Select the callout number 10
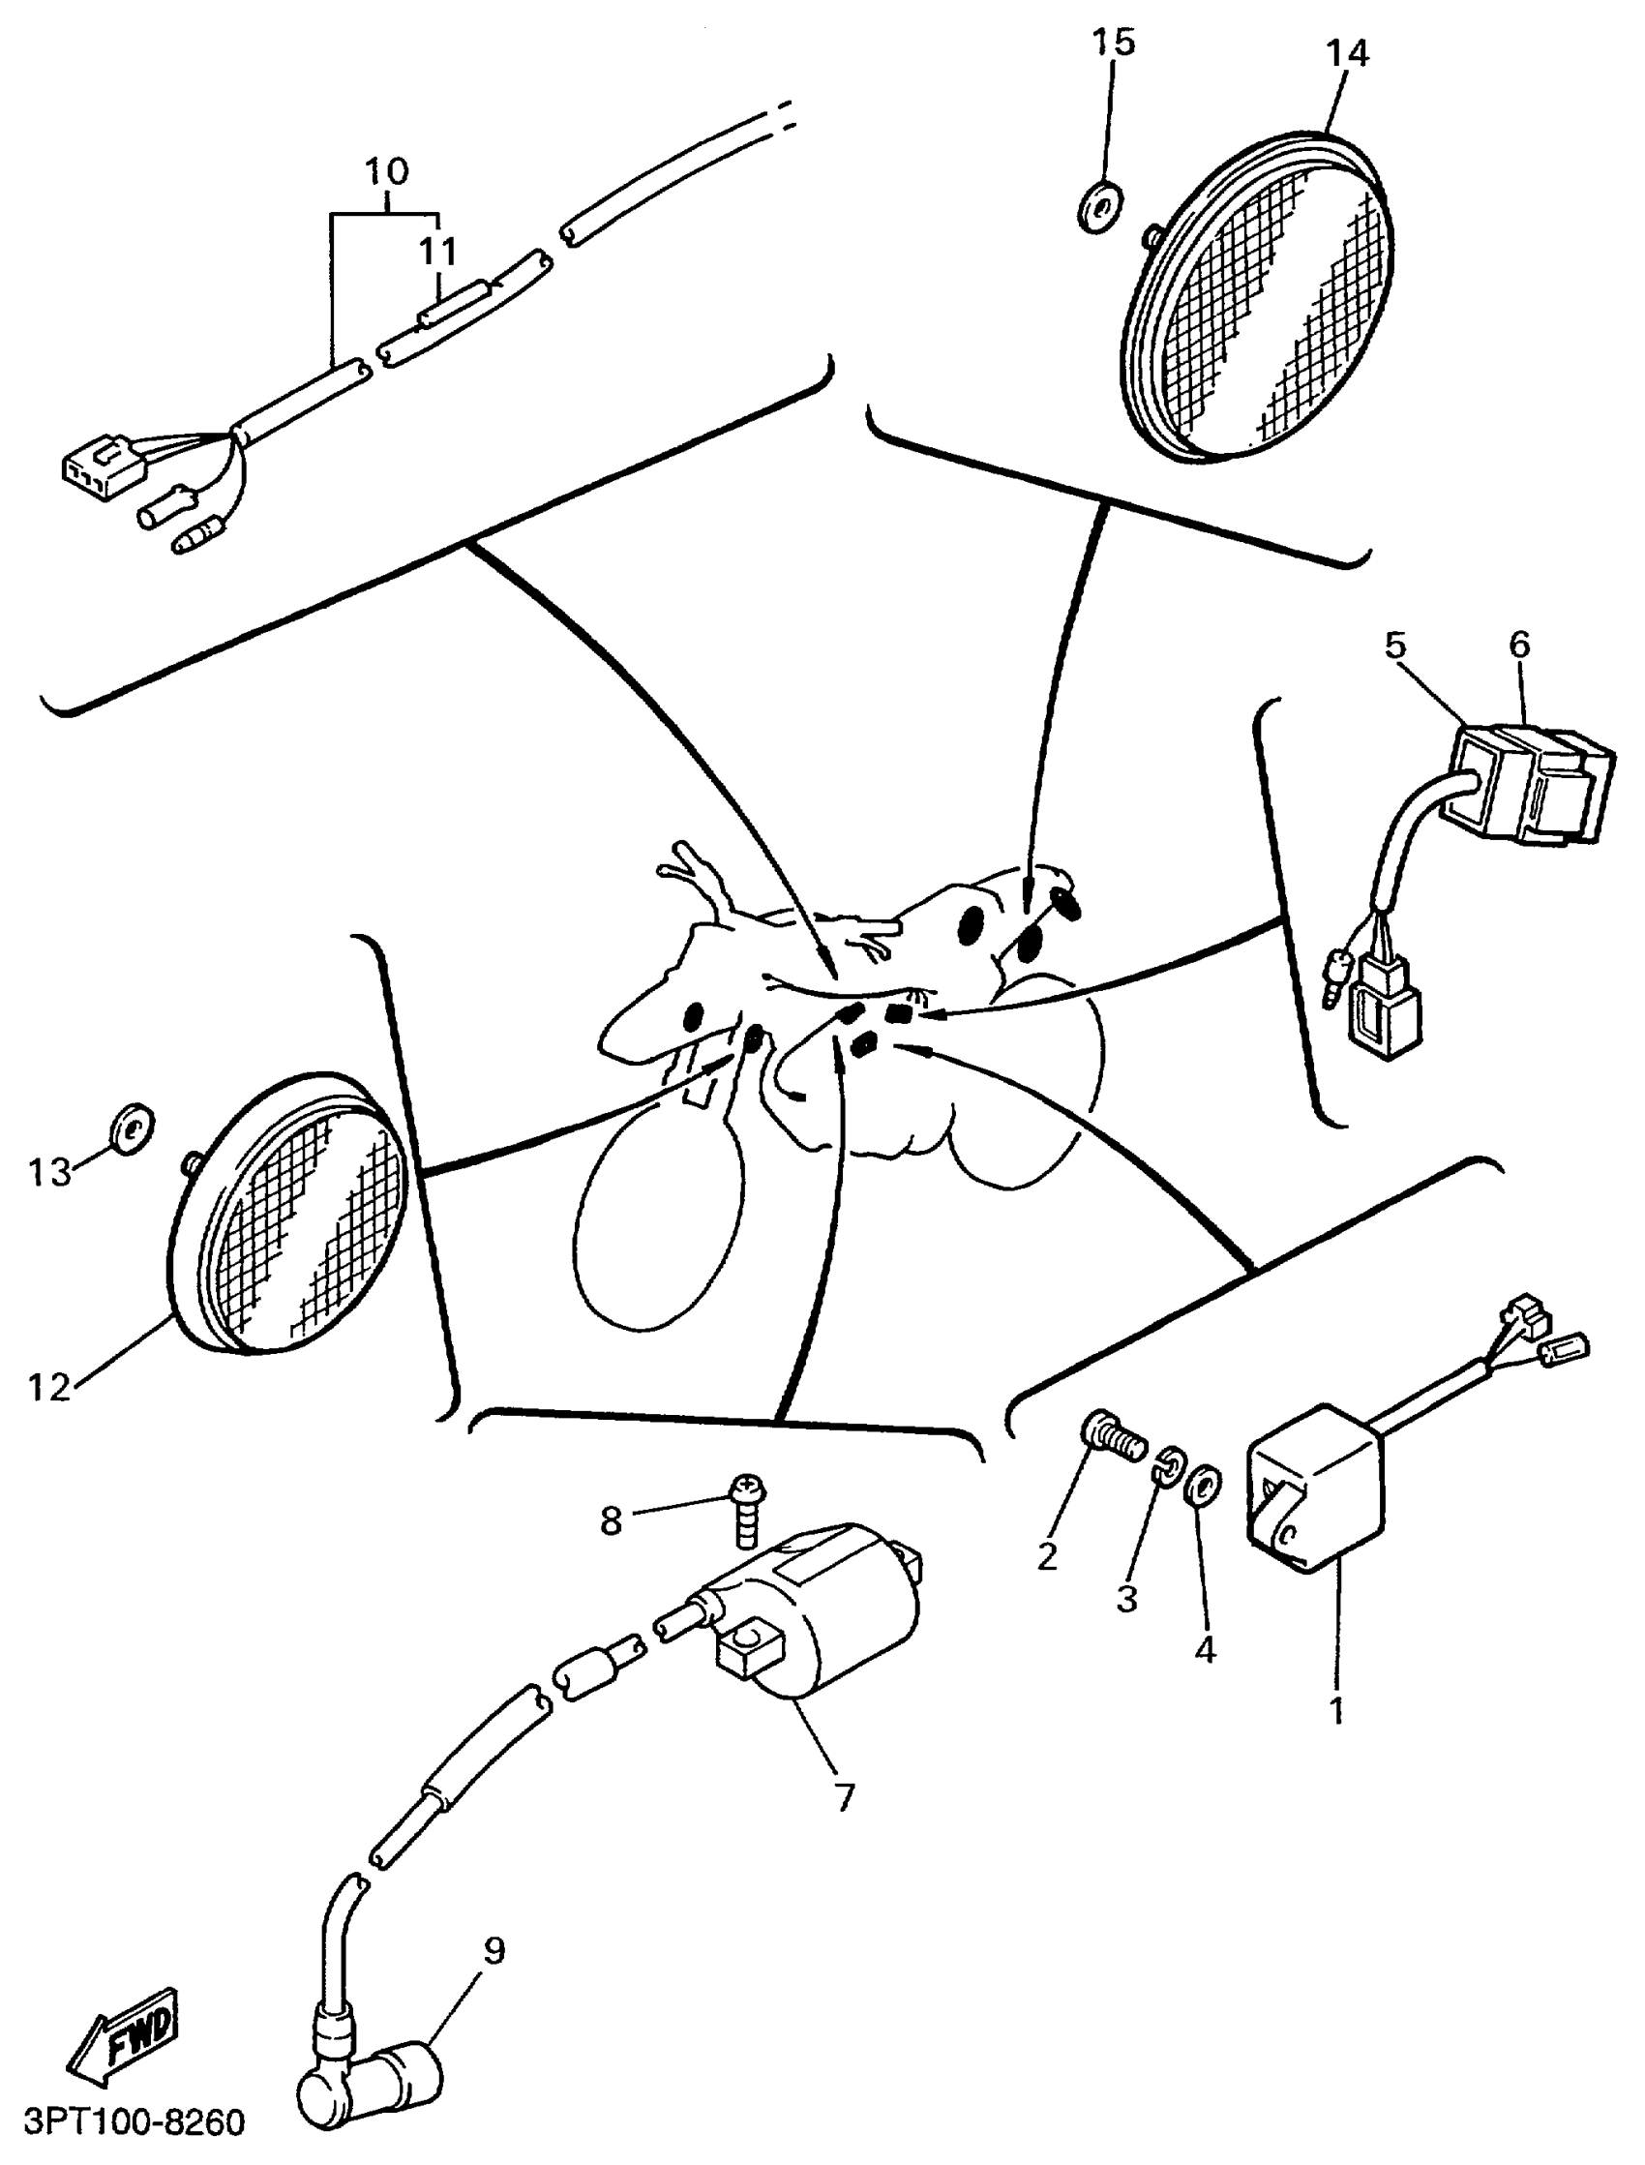pyautogui.click(x=386, y=171)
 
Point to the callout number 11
pyautogui.click(x=437, y=253)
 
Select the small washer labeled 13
pyautogui.click(x=130, y=1128)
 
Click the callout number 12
pyautogui.click(x=49, y=1387)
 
